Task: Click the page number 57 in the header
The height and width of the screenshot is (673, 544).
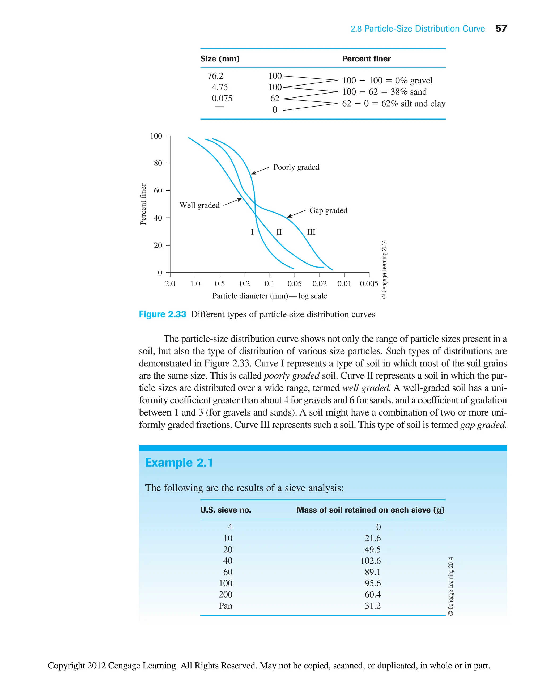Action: click(501, 28)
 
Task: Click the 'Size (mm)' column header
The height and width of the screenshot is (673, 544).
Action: click(220, 59)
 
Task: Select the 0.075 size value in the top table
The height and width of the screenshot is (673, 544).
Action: click(222, 98)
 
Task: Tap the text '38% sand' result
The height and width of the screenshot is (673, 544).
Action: click(408, 92)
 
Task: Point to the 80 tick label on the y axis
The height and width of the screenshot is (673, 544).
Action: click(158, 163)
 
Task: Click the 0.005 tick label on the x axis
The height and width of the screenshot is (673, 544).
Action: click(369, 284)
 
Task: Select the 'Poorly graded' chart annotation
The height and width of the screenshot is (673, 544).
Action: click(296, 167)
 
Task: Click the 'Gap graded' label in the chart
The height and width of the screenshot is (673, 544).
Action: click(328, 210)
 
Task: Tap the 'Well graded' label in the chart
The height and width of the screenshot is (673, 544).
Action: click(199, 205)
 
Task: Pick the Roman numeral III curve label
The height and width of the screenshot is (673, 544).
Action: click(311, 232)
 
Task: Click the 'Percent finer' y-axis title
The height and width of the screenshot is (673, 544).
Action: click(143, 204)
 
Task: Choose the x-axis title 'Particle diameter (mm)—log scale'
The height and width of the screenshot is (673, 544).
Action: click(270, 296)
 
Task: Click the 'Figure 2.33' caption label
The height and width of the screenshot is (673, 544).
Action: click(162, 314)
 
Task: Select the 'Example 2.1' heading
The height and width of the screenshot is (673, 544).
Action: click(179, 463)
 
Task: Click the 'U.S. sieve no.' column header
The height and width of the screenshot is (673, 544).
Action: click(226, 510)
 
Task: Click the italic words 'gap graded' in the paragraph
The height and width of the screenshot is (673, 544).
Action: click(483, 425)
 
